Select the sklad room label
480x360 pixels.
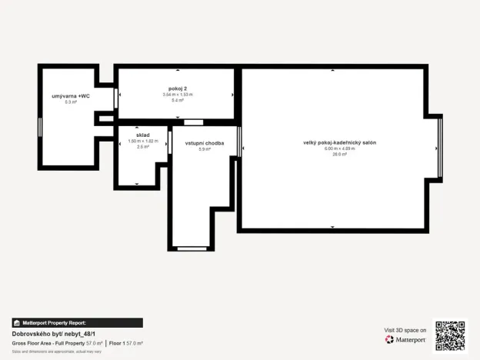[x=142, y=135]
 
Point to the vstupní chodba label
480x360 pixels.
[x=205, y=143]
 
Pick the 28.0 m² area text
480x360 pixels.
[x=339, y=155]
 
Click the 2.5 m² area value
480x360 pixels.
[x=142, y=146]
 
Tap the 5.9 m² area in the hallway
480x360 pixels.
[x=205, y=149]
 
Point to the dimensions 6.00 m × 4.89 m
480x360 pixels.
[x=339, y=149]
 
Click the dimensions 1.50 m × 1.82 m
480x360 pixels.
[x=142, y=141]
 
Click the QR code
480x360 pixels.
[x=450, y=335]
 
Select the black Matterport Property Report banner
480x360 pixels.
[x=76, y=323]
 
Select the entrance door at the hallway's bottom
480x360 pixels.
[x=192, y=248]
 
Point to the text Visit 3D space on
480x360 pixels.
[x=405, y=330]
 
